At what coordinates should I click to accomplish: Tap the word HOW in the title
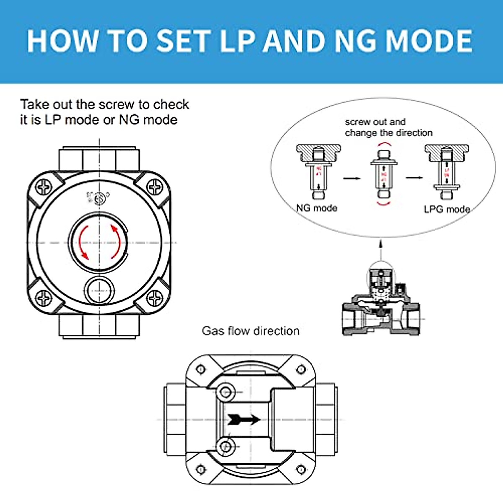coord(62,41)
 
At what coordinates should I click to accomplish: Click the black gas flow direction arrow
coord(244,419)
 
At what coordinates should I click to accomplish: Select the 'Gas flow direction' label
coord(251,331)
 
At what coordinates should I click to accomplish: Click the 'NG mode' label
coord(316,208)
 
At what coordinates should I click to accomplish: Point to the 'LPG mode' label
coord(446,209)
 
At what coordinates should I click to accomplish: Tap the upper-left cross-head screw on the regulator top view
coord(44,187)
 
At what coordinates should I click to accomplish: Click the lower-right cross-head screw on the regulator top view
coord(155,298)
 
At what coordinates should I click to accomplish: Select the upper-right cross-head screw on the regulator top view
coord(155,187)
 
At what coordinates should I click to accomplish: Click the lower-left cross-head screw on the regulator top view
coord(44,298)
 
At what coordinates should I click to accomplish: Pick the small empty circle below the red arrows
coord(99,289)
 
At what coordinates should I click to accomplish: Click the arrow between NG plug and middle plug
coord(352,179)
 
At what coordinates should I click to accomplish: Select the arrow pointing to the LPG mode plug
coord(414,178)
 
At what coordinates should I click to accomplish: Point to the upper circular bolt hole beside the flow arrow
coord(226,392)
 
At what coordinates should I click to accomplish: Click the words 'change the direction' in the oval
coord(389,133)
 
